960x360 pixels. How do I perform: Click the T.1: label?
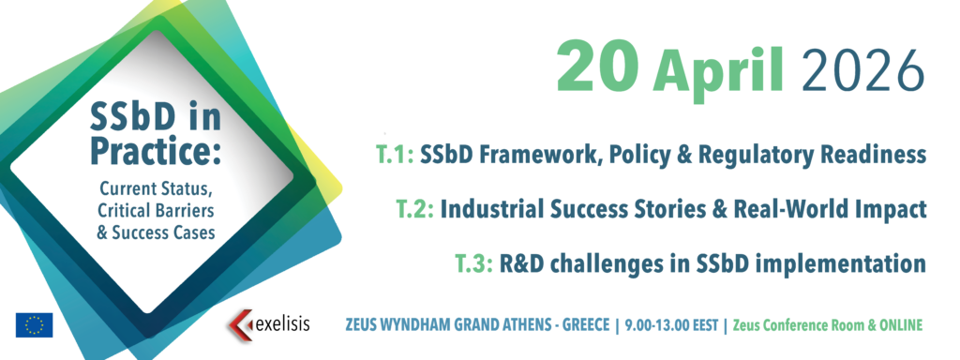[x=396, y=155]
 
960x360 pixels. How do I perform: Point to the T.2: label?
[x=415, y=209]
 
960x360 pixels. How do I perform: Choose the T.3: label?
[x=473, y=263]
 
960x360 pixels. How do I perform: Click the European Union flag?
[x=35, y=325]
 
